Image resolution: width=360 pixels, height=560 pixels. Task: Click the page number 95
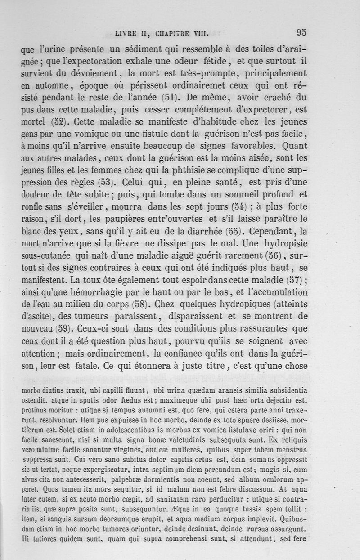pyautogui.click(x=301, y=32)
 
